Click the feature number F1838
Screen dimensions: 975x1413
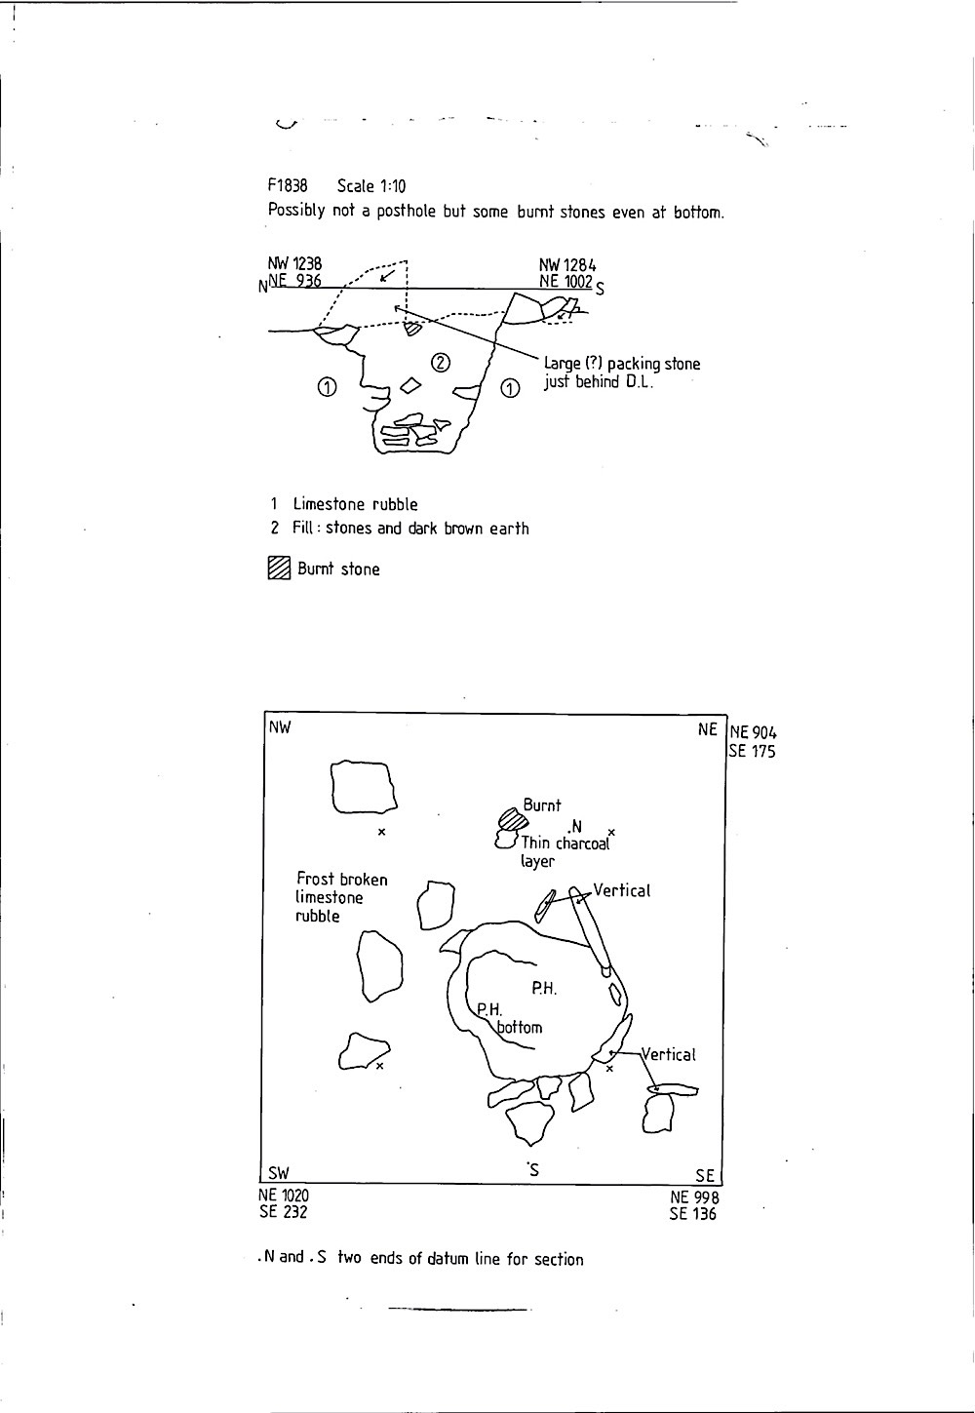pyautogui.click(x=288, y=185)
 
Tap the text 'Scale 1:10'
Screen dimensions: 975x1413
pyautogui.click(x=371, y=186)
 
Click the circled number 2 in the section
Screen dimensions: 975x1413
pyautogui.click(x=440, y=362)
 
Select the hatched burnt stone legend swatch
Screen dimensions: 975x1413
pyautogui.click(x=280, y=568)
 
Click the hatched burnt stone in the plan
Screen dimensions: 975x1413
pyautogui.click(x=513, y=819)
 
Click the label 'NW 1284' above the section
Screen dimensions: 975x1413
pyautogui.click(x=567, y=265)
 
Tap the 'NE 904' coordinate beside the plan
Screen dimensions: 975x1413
pyautogui.click(x=754, y=732)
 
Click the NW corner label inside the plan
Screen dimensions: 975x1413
pyautogui.click(x=280, y=727)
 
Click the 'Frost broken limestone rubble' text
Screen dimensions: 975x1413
pyautogui.click(x=342, y=897)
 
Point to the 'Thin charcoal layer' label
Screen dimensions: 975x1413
pyautogui.click(x=565, y=852)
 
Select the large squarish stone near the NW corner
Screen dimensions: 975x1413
pyautogui.click(x=364, y=787)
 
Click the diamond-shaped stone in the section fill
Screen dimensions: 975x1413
pyautogui.click(x=410, y=385)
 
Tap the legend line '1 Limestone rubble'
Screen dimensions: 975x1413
pyautogui.click(x=344, y=504)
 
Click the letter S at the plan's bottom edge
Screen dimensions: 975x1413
pyautogui.click(x=534, y=1171)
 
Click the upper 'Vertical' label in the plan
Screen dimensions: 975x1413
pyautogui.click(x=622, y=890)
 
